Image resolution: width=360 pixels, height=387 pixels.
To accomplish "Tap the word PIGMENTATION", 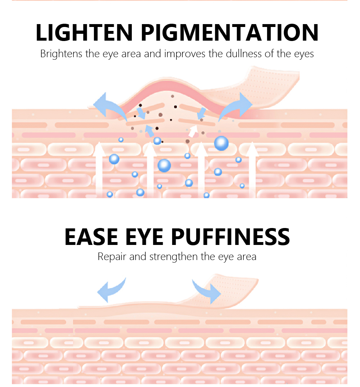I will coord(229,32).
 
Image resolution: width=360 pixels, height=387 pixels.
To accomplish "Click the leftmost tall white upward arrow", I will coord(99,169).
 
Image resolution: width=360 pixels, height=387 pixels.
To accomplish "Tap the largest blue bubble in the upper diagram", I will coord(221,143).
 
